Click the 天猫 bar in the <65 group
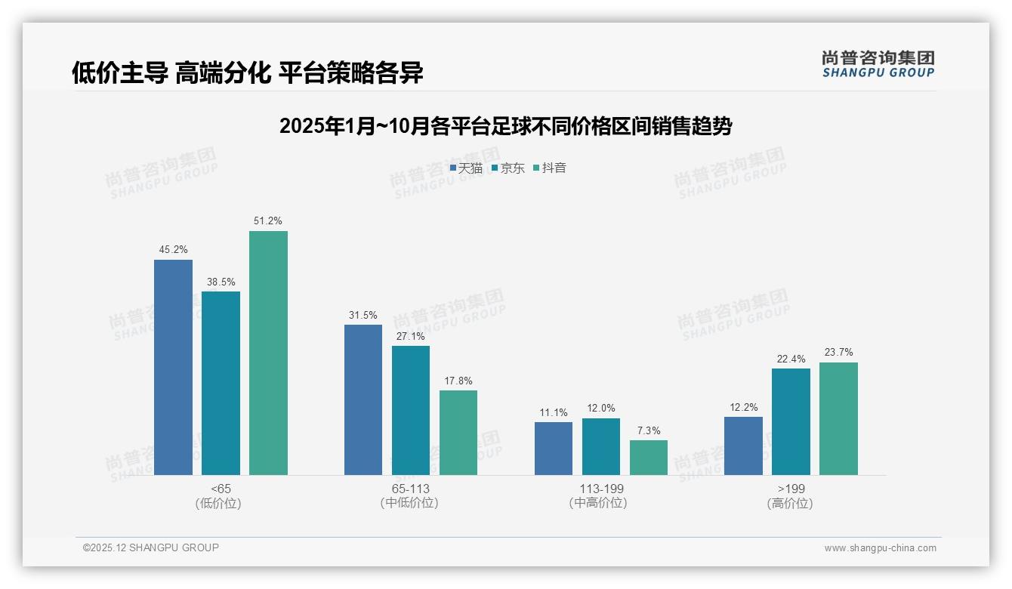(173, 367)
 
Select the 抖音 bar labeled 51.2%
(268, 353)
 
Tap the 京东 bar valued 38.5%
(221, 383)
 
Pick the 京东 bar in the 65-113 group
(410, 410)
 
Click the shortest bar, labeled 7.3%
(648, 458)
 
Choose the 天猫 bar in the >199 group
(743, 446)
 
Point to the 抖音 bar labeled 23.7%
(838, 418)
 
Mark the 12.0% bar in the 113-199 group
(600, 446)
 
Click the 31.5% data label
(363, 316)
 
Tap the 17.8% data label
(458, 381)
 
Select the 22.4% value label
(791, 359)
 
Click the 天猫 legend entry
(466, 168)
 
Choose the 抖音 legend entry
(550, 168)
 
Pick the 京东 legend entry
(508, 168)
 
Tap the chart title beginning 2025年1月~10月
(505, 126)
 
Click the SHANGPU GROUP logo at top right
(878, 64)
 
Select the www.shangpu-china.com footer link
(880, 548)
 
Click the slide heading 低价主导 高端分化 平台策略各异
(247, 73)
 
